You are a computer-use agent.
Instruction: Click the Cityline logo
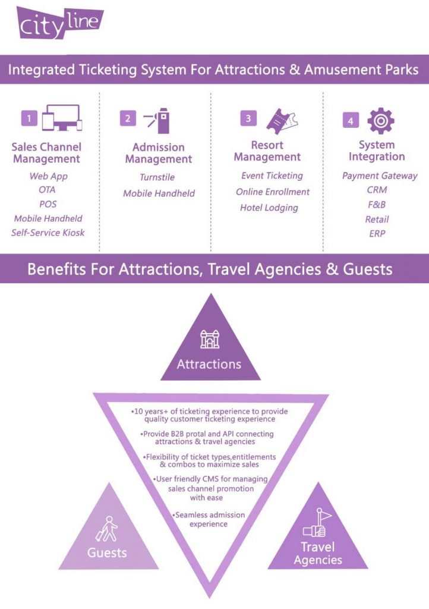60,23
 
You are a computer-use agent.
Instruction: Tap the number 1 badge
29,118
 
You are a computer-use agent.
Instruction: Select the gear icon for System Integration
380,121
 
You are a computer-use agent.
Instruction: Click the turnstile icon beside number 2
157,120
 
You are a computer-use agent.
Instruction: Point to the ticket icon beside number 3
282,121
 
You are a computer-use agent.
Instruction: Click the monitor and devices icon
62,118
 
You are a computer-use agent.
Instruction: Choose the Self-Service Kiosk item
48,233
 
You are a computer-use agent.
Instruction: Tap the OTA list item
47,190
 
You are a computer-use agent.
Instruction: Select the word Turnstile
157,177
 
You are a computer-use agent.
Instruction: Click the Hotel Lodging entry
269,208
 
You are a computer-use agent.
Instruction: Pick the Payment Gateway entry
380,176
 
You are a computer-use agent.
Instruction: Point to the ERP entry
377,234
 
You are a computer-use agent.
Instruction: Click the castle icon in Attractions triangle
210,339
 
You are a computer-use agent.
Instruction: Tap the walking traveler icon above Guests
107,529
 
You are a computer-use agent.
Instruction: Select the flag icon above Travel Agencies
318,523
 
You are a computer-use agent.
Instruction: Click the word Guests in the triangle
107,553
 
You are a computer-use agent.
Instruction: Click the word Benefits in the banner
56,269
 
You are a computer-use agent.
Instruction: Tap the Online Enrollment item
273,192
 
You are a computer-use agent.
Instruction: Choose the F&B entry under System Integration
377,205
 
